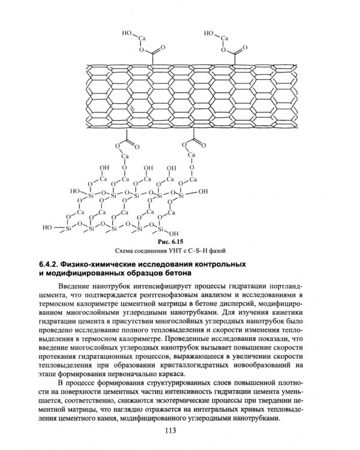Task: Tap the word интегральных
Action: coord(217,409)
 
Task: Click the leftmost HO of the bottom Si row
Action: coord(48,228)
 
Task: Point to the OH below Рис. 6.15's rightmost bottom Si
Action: coord(174,233)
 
